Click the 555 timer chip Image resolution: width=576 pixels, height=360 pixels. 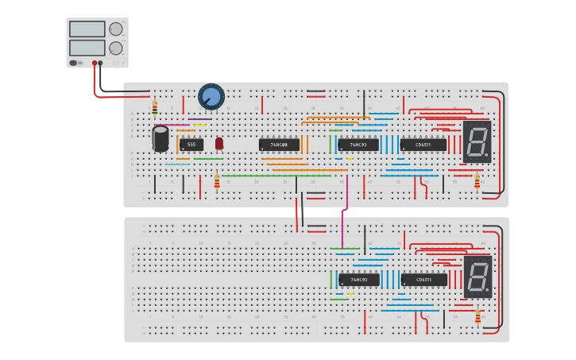pos(191,145)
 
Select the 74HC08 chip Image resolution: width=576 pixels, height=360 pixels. pos(279,145)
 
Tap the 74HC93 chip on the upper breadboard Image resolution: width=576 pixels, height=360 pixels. pos(358,145)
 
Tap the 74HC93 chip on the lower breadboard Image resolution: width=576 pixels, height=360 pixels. pos(358,280)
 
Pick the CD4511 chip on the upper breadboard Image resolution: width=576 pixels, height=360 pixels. pos(423,145)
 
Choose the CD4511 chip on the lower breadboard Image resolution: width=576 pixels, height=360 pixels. pos(423,280)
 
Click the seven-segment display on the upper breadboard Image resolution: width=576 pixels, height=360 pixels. pos(477,141)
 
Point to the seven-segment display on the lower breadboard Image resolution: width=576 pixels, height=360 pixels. pos(477,277)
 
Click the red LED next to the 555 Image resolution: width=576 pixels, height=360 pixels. pos(219,143)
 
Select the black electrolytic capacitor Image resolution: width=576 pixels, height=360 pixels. pos(160,138)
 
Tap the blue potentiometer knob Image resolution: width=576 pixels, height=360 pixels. pos(211,97)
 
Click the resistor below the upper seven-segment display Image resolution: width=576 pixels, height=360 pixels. pos(477,181)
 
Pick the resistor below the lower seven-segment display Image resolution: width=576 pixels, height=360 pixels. pos(477,317)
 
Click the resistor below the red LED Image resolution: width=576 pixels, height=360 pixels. pos(217,182)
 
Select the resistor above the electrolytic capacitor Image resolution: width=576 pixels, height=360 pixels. pos(155,107)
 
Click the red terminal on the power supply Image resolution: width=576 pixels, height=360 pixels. pos(95,63)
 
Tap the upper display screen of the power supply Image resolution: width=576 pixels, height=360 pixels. pos(87,29)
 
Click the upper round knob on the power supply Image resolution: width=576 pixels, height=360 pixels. pos(116,29)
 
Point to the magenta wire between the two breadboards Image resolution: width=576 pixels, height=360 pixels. pos(343,226)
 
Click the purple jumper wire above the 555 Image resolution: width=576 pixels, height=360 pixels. pos(199,119)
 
